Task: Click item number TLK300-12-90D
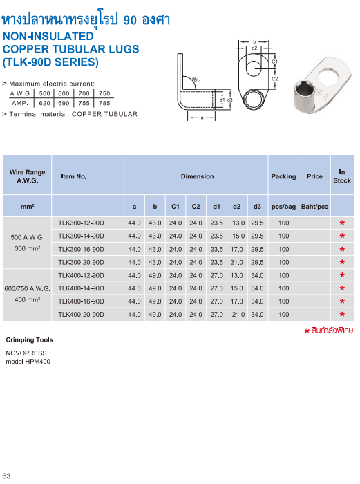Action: click(81, 223)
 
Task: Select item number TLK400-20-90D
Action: click(81, 315)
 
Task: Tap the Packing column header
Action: click(283, 176)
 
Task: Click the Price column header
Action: click(314, 176)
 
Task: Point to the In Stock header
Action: click(342, 176)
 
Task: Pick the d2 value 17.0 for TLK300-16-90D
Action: click(237, 249)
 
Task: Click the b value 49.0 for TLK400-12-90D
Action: click(155, 275)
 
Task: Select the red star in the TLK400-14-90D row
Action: click(342, 289)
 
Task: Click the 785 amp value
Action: click(104, 102)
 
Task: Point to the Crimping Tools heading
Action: click(29, 340)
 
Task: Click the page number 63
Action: click(7, 476)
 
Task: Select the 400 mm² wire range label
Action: click(28, 300)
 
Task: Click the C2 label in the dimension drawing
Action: click(274, 79)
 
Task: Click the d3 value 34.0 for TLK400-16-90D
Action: click(257, 301)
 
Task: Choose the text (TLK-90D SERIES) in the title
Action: click(50, 62)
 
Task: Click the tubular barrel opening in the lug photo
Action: click(300, 90)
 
